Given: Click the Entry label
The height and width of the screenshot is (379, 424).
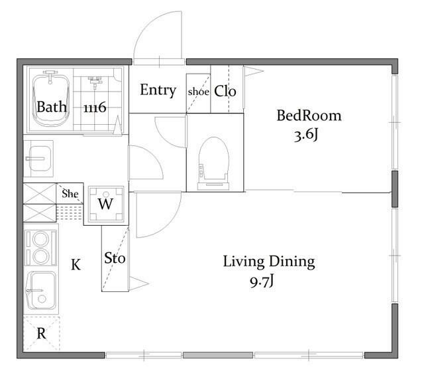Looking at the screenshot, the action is pos(158,90).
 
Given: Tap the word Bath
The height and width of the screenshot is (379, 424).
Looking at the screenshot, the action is pos(52,107).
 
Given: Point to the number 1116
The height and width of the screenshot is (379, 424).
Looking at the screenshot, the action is pos(95,108).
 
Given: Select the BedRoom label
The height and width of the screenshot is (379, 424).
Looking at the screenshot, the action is pos(309,115).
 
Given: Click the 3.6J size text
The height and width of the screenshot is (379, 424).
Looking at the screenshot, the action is pos(306,135).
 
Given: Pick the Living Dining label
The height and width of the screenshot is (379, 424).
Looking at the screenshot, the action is pos(269,262).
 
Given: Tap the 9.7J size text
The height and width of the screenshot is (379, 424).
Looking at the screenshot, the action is pos(262,281).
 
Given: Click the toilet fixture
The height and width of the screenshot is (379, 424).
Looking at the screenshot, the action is pos(213,163).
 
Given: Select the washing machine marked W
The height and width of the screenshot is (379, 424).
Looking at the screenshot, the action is pos(106,204).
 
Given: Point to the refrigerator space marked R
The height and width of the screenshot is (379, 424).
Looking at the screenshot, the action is pos(41,333).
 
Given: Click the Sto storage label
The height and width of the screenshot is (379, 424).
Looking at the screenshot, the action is pos(115,258).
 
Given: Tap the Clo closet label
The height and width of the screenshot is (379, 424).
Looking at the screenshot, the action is pos(225,92).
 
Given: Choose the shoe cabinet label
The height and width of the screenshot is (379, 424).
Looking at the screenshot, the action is pos(199,92).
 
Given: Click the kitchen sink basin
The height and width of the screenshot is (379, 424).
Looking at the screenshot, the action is pos(42,291).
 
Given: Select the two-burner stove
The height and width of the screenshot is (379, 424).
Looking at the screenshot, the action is pos(41,248).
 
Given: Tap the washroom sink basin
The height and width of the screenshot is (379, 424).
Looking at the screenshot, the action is pos(38,159).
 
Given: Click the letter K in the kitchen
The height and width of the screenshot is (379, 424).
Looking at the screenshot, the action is pos(76,265).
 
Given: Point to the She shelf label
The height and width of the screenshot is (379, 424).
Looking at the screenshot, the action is pos(70,194).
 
